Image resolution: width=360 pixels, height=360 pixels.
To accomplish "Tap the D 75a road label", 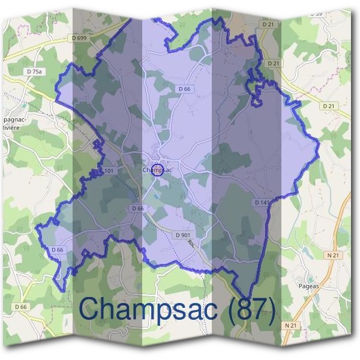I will point(35,71).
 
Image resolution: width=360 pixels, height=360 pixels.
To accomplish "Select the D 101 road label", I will point(106,172).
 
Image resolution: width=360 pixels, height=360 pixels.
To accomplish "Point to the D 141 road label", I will point(263,203).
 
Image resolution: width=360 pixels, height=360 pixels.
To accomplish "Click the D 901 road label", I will point(183,234).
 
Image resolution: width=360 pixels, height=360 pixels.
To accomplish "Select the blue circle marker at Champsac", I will point(157,170).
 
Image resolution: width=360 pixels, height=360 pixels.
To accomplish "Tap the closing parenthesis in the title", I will point(271,310).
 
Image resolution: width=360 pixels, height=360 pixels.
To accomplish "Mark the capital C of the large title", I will point(89,309).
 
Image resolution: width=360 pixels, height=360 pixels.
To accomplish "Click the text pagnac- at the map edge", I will point(14,119).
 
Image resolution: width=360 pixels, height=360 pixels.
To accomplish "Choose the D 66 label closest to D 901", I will point(137,208).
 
